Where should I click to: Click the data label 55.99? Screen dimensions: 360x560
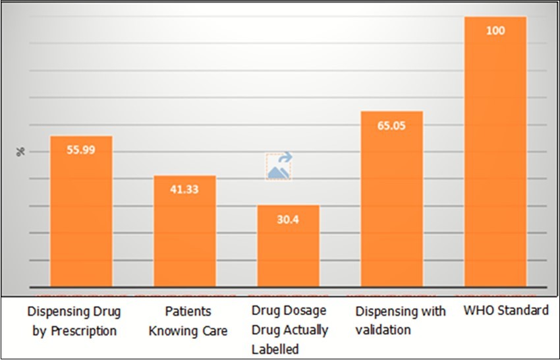[81, 150]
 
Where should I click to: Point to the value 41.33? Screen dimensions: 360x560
[184, 189]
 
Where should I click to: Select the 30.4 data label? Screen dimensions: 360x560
[288, 220]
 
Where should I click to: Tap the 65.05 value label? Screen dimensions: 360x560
[392, 125]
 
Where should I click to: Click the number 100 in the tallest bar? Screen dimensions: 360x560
[495, 31]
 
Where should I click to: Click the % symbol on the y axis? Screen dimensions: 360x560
[20, 152]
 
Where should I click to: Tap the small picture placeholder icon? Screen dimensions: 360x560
[279, 166]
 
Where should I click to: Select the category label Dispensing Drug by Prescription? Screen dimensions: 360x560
[74, 320]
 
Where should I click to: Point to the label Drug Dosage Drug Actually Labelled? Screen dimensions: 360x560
[289, 330]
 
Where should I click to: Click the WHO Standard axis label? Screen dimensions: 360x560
[506, 311]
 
